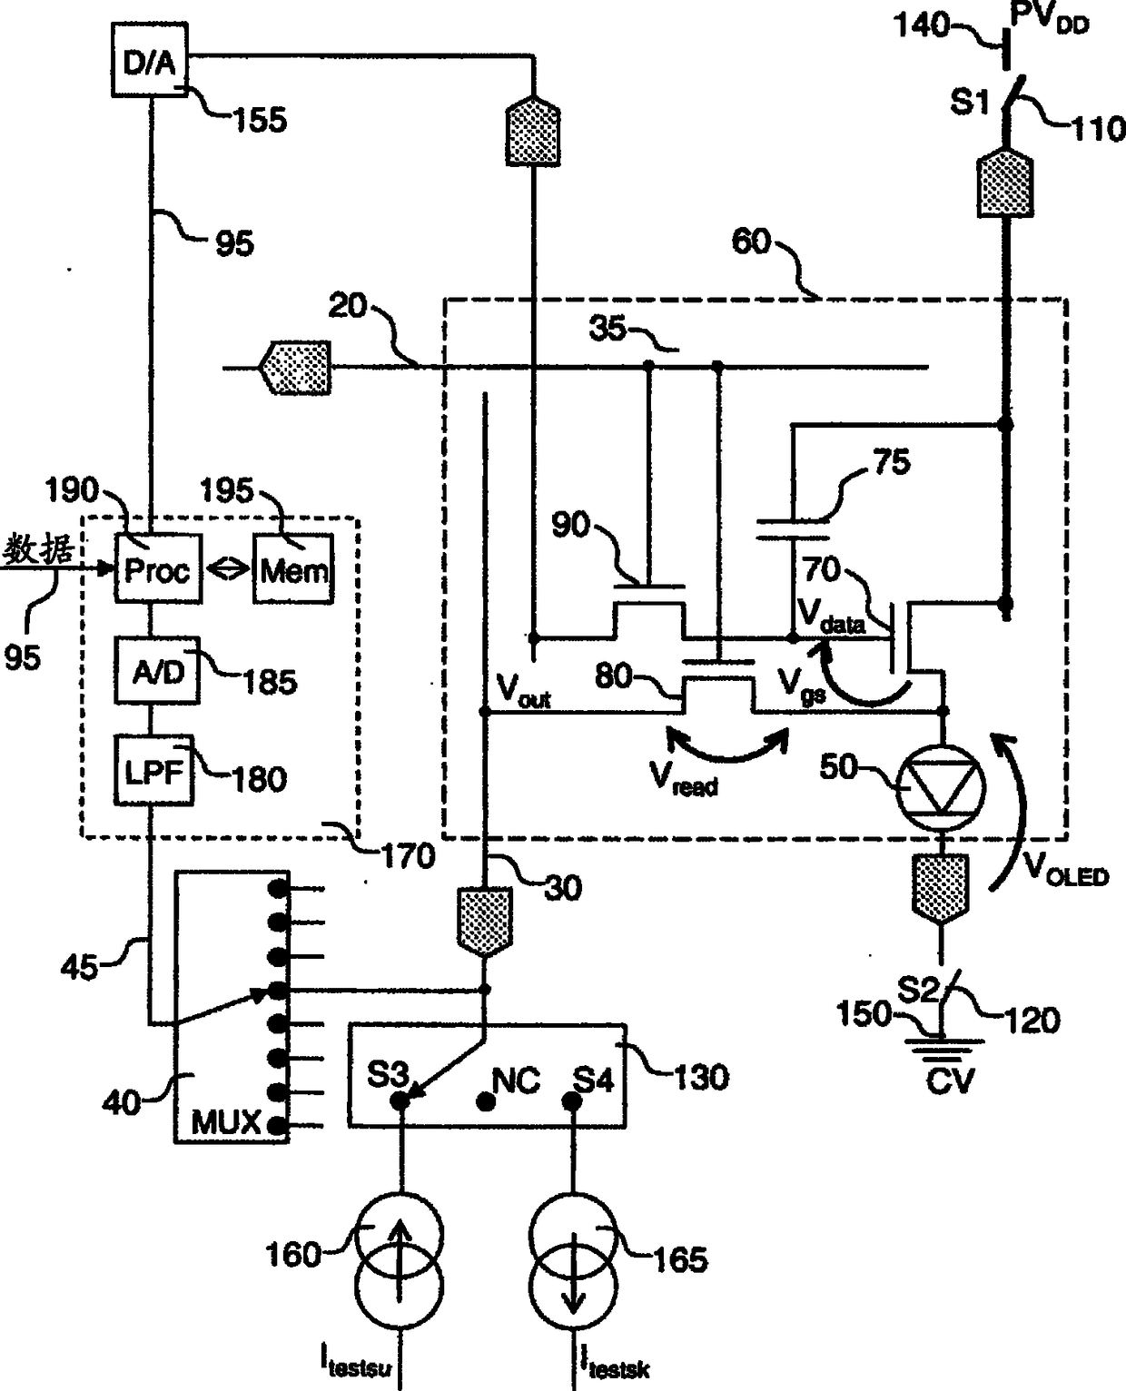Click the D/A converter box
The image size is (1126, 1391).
pos(149,60)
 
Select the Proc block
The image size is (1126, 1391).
pos(157,569)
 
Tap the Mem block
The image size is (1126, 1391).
pos(293,569)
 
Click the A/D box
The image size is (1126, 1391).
pos(158,671)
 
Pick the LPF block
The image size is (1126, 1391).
pos(154,771)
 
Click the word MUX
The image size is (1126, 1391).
pos(225,1123)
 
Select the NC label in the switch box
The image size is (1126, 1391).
pos(515,1080)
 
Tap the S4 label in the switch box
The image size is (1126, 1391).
pos(593,1080)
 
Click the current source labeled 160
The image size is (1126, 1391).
pos(400,1257)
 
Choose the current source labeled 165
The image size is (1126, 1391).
pos(573,1257)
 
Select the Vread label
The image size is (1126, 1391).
pos(683,778)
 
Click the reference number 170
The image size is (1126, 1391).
pos(409,855)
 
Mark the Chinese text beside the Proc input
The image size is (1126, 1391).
pos(38,550)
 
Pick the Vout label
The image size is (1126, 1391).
pos(523,692)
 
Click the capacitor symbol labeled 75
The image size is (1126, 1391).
pos(792,528)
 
